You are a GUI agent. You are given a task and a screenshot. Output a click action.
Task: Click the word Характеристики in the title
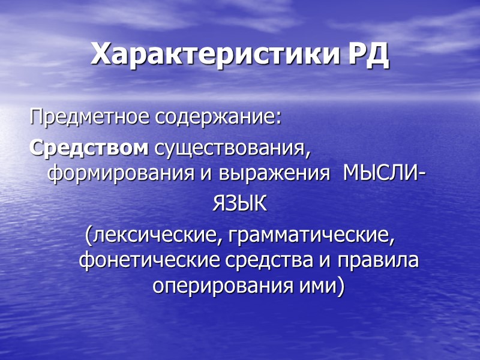(x=217, y=55)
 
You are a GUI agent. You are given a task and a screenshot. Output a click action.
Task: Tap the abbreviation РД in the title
(x=368, y=55)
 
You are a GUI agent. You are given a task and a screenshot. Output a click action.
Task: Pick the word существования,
(x=233, y=147)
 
